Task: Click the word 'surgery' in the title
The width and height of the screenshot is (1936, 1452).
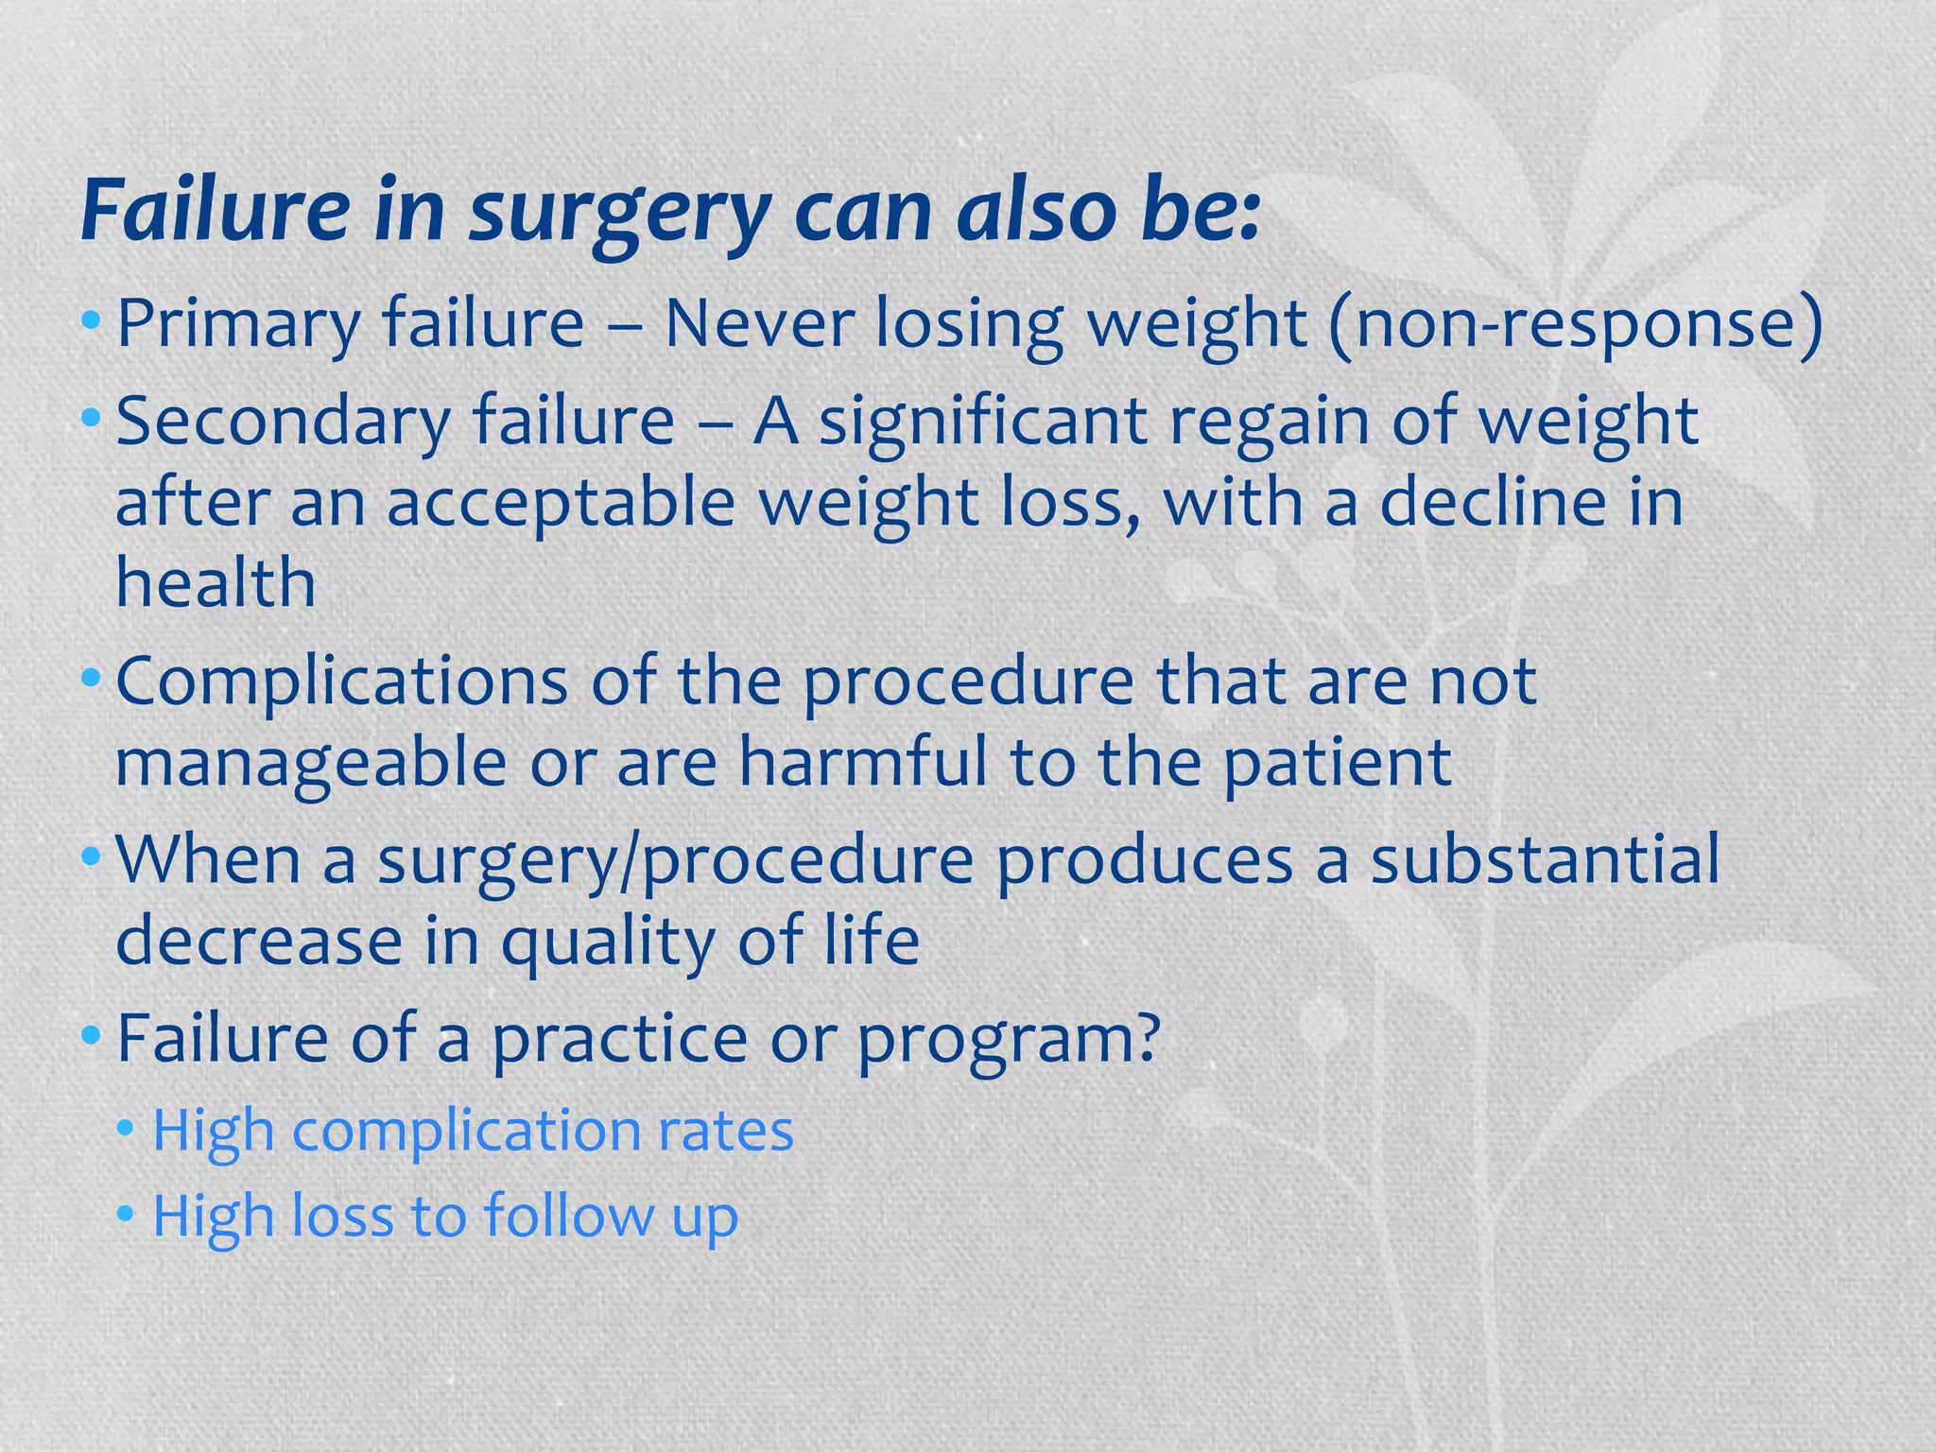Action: click(x=619, y=213)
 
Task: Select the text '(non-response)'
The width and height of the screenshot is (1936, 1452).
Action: click(x=1575, y=324)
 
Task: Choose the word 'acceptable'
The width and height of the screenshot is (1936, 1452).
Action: click(x=561, y=502)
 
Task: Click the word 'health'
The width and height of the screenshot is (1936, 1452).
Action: click(x=216, y=583)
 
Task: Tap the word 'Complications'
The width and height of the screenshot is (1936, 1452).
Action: click(x=341, y=682)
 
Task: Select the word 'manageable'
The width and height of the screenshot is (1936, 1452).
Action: click(x=311, y=763)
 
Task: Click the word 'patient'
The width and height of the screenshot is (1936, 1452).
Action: click(x=1338, y=763)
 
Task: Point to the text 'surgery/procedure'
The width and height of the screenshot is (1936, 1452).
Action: click(x=676, y=861)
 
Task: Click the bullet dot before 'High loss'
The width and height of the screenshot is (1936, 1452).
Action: click(x=127, y=1216)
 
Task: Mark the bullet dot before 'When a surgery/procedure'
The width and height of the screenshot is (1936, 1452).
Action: click(x=91, y=859)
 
